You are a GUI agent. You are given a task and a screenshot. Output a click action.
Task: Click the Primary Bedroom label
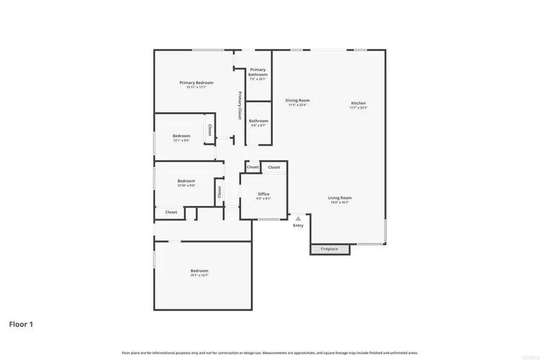tap(196, 83)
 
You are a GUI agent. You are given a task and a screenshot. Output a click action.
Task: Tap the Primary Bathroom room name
tap(258, 72)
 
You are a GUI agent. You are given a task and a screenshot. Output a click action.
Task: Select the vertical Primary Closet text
tap(240, 105)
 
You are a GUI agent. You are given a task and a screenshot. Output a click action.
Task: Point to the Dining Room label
tap(297, 101)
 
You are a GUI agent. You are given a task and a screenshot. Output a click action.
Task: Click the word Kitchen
tap(358, 103)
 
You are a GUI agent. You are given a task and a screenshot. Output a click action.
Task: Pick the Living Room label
tap(340, 198)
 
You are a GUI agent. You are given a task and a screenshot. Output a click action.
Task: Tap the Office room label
tap(263, 194)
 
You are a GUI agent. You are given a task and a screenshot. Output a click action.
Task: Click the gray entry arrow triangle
tap(298, 219)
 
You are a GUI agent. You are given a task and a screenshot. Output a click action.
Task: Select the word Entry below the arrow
tap(298, 226)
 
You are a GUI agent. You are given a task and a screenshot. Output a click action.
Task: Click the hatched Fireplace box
tap(329, 248)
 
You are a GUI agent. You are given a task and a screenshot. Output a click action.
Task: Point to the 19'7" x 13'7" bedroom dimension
tap(199, 275)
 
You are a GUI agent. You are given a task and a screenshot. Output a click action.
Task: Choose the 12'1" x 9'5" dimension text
tap(181, 140)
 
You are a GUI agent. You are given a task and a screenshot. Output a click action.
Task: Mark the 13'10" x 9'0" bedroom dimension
tap(186, 185)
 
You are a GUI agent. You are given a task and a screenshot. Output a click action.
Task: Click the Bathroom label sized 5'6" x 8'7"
tap(259, 121)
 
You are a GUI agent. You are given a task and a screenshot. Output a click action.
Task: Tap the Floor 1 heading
tap(21, 325)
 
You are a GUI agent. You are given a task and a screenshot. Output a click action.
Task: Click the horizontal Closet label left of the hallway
tap(171, 212)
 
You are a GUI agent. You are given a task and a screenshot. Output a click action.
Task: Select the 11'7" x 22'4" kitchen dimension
tap(358, 108)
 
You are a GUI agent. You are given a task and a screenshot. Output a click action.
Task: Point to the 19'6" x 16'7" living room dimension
tap(340, 203)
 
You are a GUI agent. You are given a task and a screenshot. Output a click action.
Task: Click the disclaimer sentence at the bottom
tap(270, 353)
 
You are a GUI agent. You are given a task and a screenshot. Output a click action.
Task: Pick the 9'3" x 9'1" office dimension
tap(263, 199)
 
